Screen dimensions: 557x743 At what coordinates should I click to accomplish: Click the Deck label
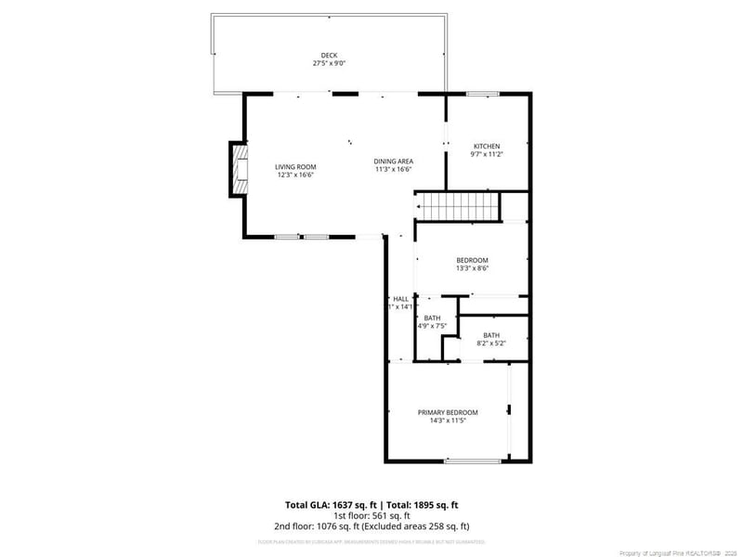pyautogui.click(x=329, y=55)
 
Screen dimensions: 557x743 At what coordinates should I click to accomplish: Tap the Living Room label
pyautogui.click(x=295, y=166)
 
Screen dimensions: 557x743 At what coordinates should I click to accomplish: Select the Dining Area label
pyautogui.click(x=394, y=161)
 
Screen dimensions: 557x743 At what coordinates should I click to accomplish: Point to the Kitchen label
pyautogui.click(x=487, y=147)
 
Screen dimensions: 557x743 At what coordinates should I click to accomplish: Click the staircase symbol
pyautogui.click(x=457, y=206)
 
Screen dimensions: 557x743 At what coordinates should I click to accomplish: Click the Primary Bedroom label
pyautogui.click(x=447, y=412)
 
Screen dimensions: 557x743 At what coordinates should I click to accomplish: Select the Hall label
pyautogui.click(x=400, y=298)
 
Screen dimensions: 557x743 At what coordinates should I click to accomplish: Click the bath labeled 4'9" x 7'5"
pyautogui.click(x=432, y=322)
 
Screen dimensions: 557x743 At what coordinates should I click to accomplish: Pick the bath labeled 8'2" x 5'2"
pyautogui.click(x=491, y=339)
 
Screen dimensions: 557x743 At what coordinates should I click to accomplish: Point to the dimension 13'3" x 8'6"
pyautogui.click(x=472, y=268)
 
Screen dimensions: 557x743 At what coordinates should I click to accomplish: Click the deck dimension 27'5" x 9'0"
pyautogui.click(x=329, y=64)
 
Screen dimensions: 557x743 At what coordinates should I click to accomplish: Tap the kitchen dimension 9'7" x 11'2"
pyautogui.click(x=487, y=155)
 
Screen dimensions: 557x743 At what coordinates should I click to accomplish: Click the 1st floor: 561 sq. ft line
pyautogui.click(x=371, y=515)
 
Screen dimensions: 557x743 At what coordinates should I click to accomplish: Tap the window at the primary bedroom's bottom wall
pyautogui.click(x=475, y=460)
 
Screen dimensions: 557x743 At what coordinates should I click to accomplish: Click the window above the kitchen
pyautogui.click(x=483, y=94)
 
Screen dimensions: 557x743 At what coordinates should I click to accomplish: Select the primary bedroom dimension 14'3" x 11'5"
pyautogui.click(x=447, y=421)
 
